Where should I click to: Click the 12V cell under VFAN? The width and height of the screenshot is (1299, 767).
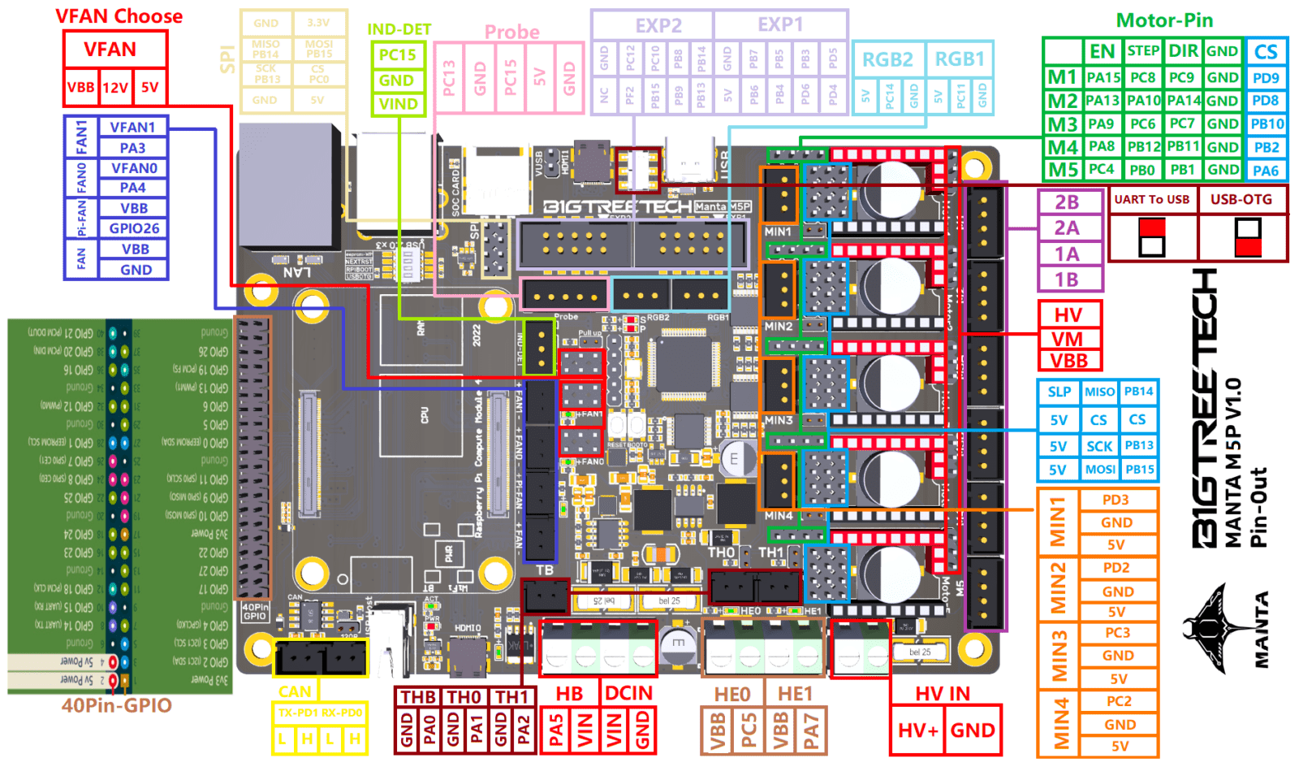115,88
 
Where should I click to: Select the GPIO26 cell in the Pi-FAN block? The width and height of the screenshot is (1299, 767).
134,228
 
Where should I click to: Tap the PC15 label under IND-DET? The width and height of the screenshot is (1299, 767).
397,55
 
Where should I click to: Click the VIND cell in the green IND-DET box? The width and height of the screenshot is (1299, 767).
397,104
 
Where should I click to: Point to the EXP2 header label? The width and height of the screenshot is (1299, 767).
658,25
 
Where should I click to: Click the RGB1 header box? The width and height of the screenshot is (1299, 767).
960,59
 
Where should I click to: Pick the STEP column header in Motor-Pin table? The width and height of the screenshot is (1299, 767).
1143,51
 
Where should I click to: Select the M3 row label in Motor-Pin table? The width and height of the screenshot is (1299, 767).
1063,124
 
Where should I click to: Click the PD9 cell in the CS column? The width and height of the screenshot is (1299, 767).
1266,78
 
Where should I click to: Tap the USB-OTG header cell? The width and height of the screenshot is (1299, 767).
1241,199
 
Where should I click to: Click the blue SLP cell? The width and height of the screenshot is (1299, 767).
1059,392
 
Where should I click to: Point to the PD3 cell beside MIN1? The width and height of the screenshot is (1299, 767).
1116,500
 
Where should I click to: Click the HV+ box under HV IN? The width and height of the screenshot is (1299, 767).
917,730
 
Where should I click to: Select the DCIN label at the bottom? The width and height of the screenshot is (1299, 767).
628,693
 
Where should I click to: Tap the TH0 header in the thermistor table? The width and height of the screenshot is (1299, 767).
464,697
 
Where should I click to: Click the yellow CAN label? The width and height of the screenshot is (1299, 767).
294,691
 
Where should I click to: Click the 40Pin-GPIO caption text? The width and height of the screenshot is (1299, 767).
117,705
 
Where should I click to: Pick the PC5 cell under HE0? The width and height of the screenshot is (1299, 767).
749,730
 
